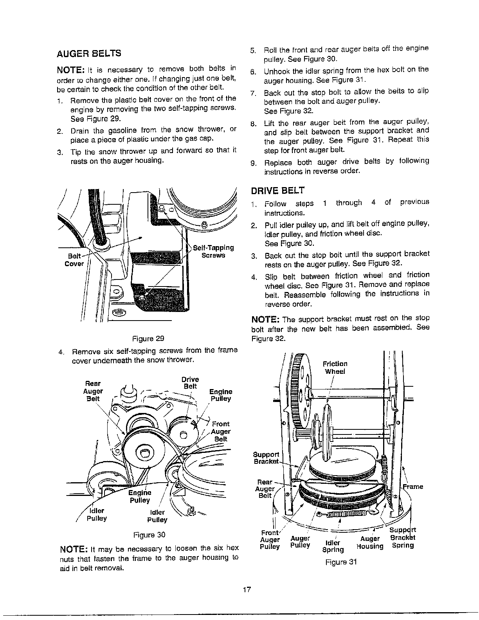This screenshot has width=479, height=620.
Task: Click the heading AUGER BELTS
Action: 89,54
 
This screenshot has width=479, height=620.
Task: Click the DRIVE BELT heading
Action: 277,191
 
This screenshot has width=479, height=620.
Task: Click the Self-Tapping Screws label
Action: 213,251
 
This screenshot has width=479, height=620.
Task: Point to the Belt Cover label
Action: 74,260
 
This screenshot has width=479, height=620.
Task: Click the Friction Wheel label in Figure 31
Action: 335,368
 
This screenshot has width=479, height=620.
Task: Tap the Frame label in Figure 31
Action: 413,487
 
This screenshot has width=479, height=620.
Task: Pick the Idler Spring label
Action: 333,546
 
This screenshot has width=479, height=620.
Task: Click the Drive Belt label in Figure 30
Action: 190,383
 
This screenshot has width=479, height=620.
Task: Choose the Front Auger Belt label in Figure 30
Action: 221,431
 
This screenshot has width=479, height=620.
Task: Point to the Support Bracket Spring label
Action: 403,537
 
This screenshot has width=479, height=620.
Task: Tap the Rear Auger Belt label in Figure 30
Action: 93,391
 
